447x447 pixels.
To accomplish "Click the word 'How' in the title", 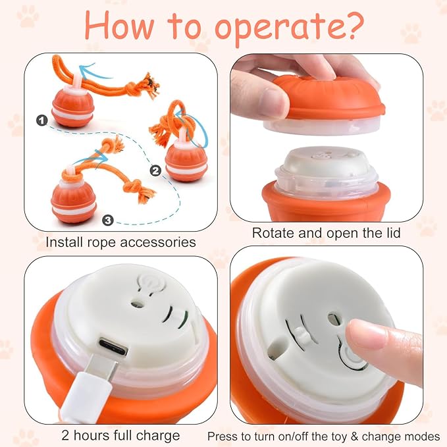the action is (119, 26).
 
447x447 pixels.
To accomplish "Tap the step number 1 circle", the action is (42, 120).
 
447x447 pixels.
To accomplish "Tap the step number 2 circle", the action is (155, 171).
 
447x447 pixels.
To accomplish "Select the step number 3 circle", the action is (108, 220).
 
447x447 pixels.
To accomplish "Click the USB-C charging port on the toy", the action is (113, 346).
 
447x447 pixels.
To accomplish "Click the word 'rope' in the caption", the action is (102, 244).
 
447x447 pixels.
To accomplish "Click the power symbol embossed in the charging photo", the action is (151, 282).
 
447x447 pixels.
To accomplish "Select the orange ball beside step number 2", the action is (186, 163).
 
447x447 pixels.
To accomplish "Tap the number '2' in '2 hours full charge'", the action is (66, 435).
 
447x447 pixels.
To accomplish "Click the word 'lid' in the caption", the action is (393, 233).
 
